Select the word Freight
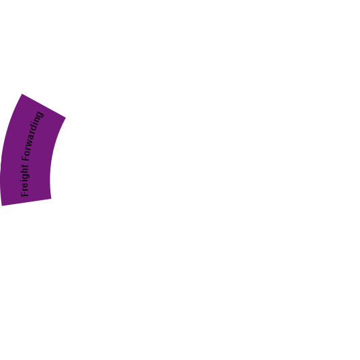tap(25, 180)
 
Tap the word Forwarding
tap(32, 136)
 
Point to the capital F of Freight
tap(25, 193)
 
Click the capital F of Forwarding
tap(26, 158)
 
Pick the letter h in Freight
tap(24, 171)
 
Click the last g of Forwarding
tap(40, 115)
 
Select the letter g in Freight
tap(26, 177)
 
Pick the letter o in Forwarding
tap(27, 152)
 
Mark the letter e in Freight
tap(25, 186)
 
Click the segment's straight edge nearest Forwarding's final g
tap(44, 106)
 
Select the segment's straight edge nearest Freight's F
tap(26, 202)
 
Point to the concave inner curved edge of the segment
tap(52, 156)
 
